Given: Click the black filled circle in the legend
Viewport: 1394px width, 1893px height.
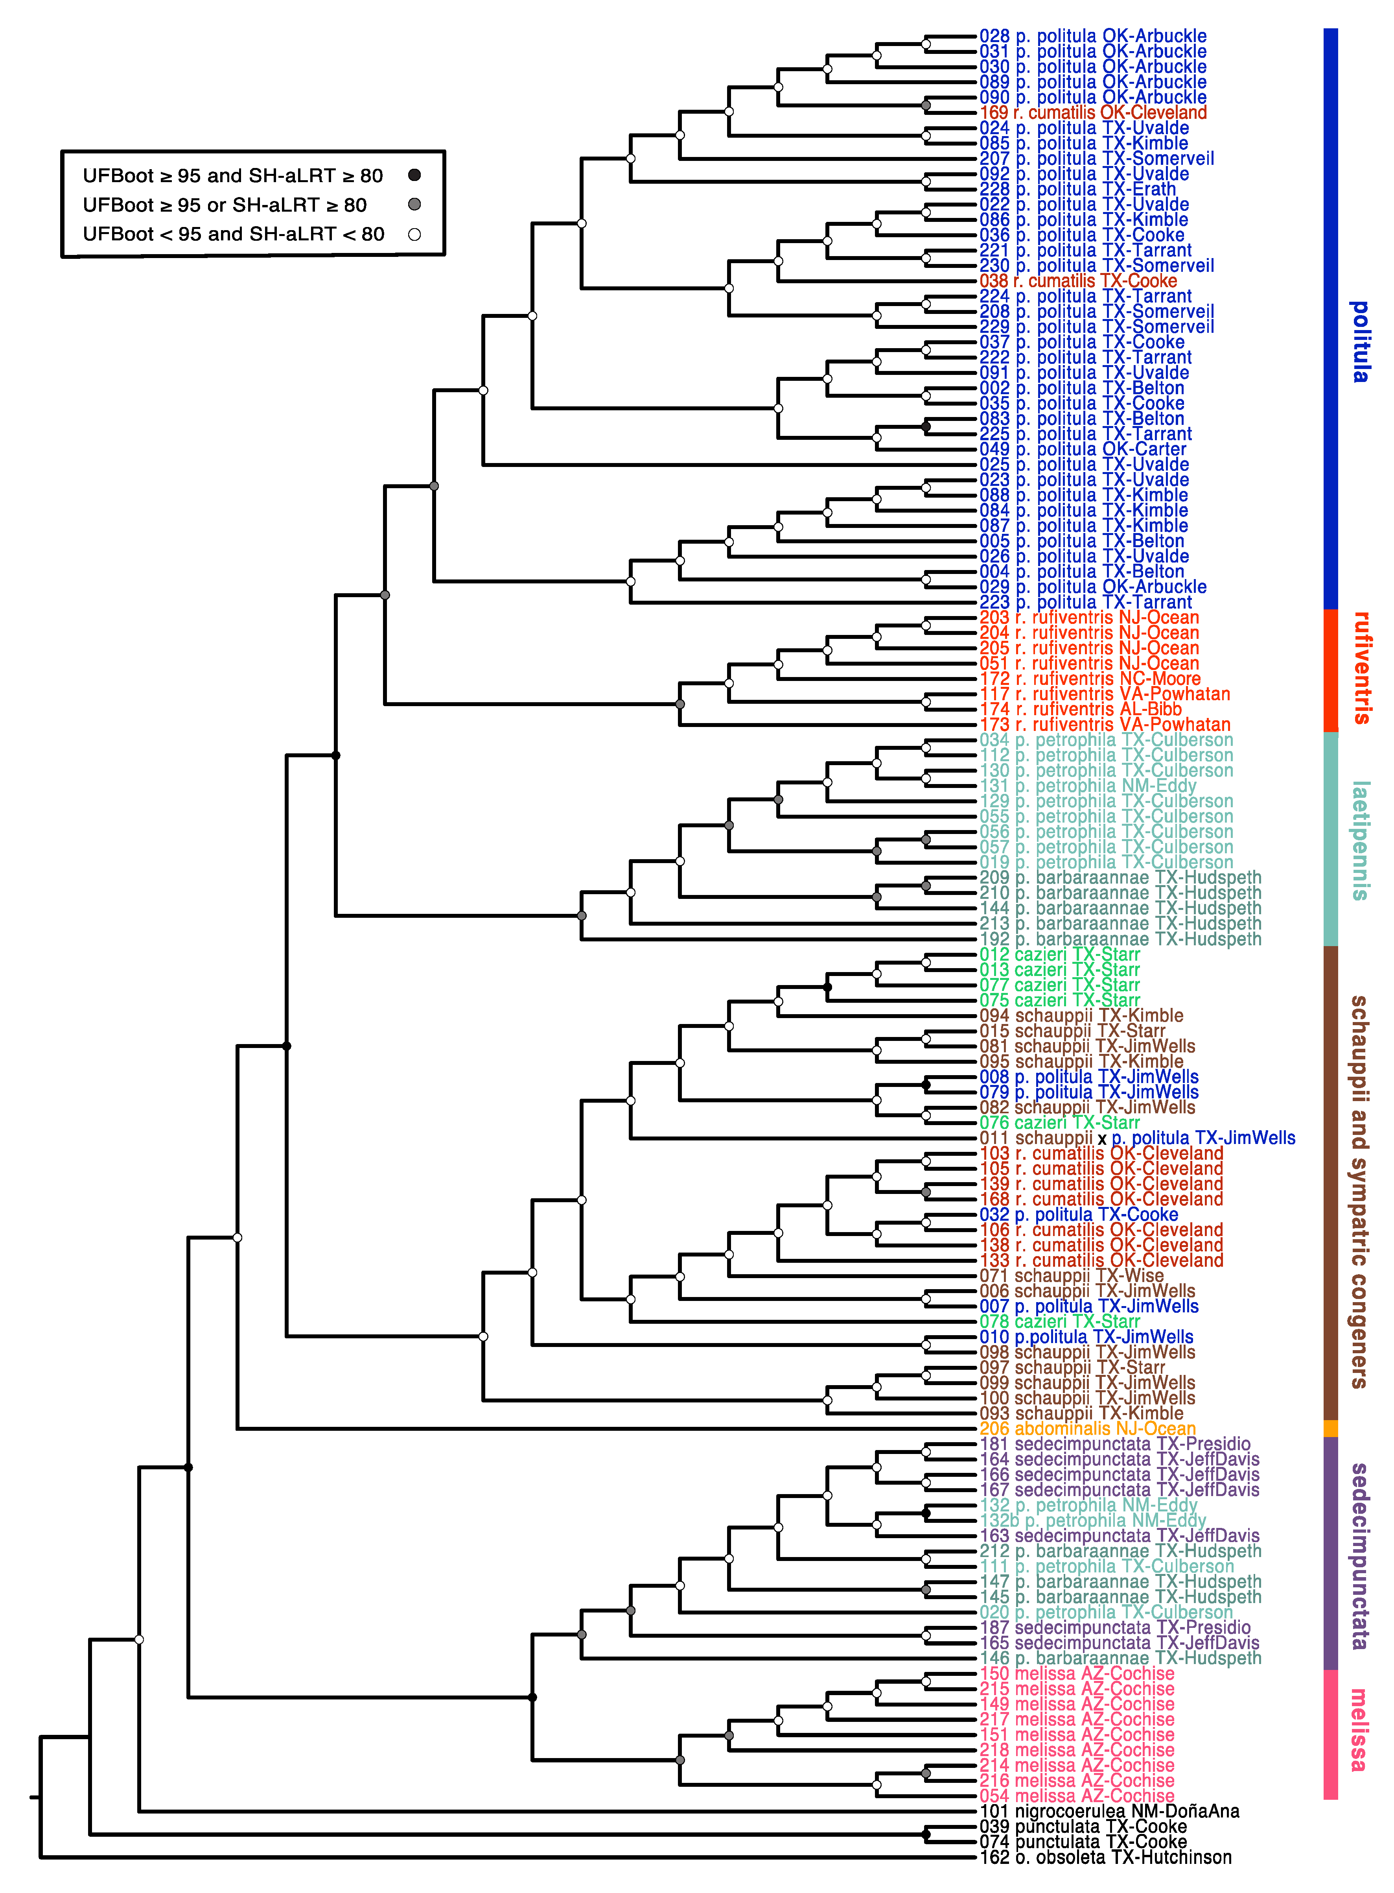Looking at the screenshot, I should click(x=414, y=175).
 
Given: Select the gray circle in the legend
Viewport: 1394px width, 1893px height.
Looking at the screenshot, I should click(x=414, y=204).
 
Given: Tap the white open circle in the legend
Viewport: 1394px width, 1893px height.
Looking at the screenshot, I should click(x=414, y=234).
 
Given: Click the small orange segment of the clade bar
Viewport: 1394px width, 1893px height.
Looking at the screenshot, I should click(x=1331, y=1428).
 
